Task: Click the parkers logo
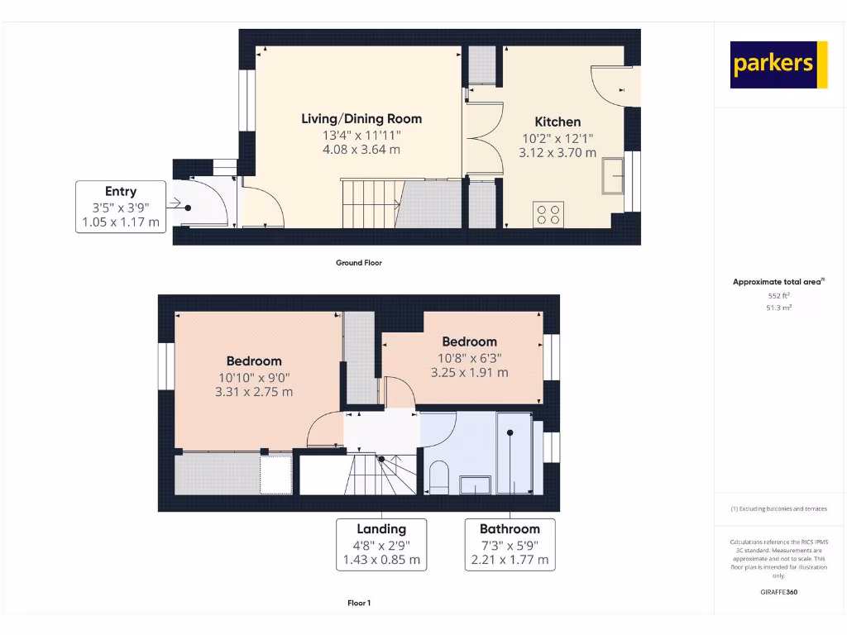pyautogui.click(x=778, y=64)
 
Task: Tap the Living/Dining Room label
pyautogui.click(x=361, y=119)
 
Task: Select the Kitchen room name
pyautogui.click(x=557, y=122)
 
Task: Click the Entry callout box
pyautogui.click(x=121, y=206)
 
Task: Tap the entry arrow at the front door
pyautogui.click(x=175, y=203)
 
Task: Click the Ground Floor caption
pyautogui.click(x=358, y=263)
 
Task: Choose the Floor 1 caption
pyautogui.click(x=358, y=604)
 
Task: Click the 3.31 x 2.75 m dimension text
pyautogui.click(x=254, y=392)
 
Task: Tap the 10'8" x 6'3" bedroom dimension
pyautogui.click(x=469, y=358)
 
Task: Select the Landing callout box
pyautogui.click(x=381, y=544)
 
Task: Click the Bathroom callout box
pyautogui.click(x=509, y=544)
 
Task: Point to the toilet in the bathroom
pyautogui.click(x=438, y=477)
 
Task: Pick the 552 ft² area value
pyautogui.click(x=778, y=295)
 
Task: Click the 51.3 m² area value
pyautogui.click(x=778, y=308)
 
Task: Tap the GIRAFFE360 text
pyautogui.click(x=778, y=592)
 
